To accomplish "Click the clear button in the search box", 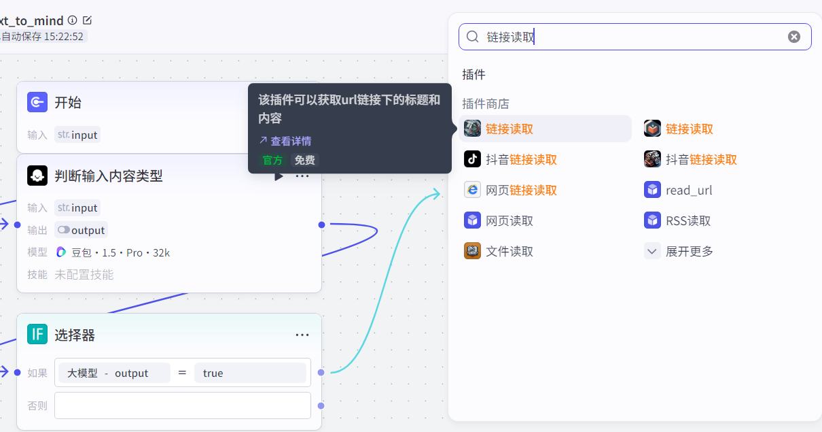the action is click(793, 37).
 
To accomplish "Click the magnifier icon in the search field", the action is click(473, 37).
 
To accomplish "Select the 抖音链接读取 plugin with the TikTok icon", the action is click(511, 159).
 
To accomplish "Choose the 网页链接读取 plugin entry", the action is click(511, 190).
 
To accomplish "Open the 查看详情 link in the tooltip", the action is click(285, 141).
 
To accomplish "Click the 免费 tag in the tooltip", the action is click(305, 161).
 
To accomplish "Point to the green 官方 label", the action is click(272, 161).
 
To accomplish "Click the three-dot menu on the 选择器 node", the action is click(302, 335).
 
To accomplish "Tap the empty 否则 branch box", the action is click(183, 405).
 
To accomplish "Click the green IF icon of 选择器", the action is click(37, 334).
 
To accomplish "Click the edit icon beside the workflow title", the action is click(87, 20).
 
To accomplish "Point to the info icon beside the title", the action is click(73, 20).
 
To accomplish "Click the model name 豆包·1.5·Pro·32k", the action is click(113, 252).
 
